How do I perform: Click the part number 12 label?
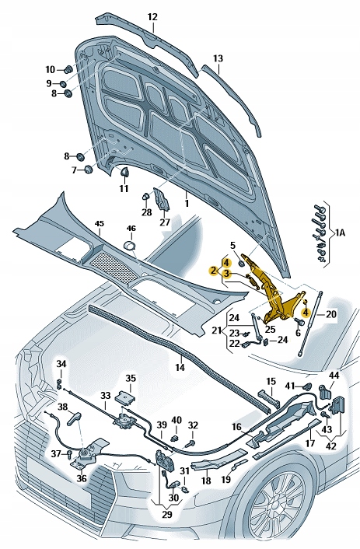point(152,17)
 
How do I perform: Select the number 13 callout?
point(218,58)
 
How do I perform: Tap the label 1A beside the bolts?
point(340,233)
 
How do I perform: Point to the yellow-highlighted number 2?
point(212,271)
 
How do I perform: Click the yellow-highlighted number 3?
point(226,273)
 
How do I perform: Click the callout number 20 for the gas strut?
point(331,314)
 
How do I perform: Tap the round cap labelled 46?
point(130,246)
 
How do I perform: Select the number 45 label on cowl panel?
point(100,223)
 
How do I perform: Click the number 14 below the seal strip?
point(180,367)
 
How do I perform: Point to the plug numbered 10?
point(68,69)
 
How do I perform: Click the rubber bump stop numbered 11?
point(124,172)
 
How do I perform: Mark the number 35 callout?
point(131,378)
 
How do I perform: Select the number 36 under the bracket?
point(81,478)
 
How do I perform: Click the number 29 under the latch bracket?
point(167,514)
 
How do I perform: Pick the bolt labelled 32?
point(190,443)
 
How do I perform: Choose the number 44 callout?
point(334,376)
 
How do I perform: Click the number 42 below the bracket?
point(330,446)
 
